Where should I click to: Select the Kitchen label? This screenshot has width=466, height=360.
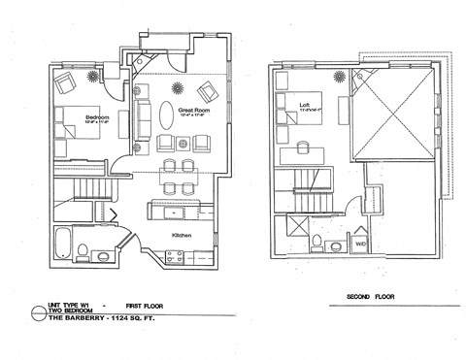(x=183, y=235)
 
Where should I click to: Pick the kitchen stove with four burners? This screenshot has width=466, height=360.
(x=177, y=257)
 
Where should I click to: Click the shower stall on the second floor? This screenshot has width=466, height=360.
(x=289, y=233)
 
